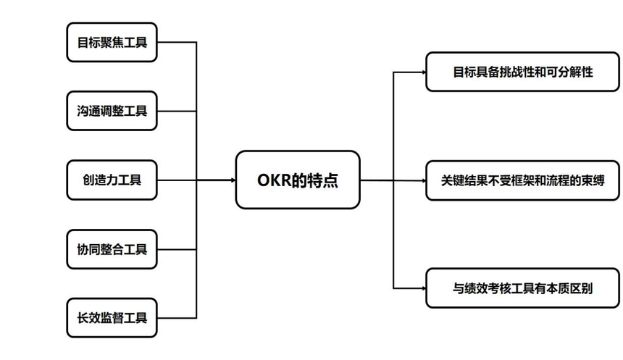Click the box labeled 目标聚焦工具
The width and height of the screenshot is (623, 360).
pyautogui.click(x=112, y=42)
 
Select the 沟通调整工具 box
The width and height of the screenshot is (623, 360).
pyautogui.click(x=112, y=111)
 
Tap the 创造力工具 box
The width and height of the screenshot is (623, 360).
pyautogui.click(x=112, y=180)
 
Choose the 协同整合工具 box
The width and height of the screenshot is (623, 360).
pyautogui.click(x=112, y=249)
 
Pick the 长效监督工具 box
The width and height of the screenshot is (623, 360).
pyautogui.click(x=112, y=317)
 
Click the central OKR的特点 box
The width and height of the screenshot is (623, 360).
pyautogui.click(x=298, y=180)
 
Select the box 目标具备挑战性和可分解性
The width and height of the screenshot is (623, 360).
pyautogui.click(x=522, y=72)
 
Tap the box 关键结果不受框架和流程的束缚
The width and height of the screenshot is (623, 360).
pyautogui.click(x=522, y=180)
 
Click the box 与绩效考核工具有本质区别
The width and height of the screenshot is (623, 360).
pyautogui.click(x=522, y=288)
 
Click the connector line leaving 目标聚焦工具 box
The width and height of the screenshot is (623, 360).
pyautogui.click(x=177, y=42)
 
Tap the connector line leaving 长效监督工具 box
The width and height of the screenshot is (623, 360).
pyautogui.click(x=177, y=317)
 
